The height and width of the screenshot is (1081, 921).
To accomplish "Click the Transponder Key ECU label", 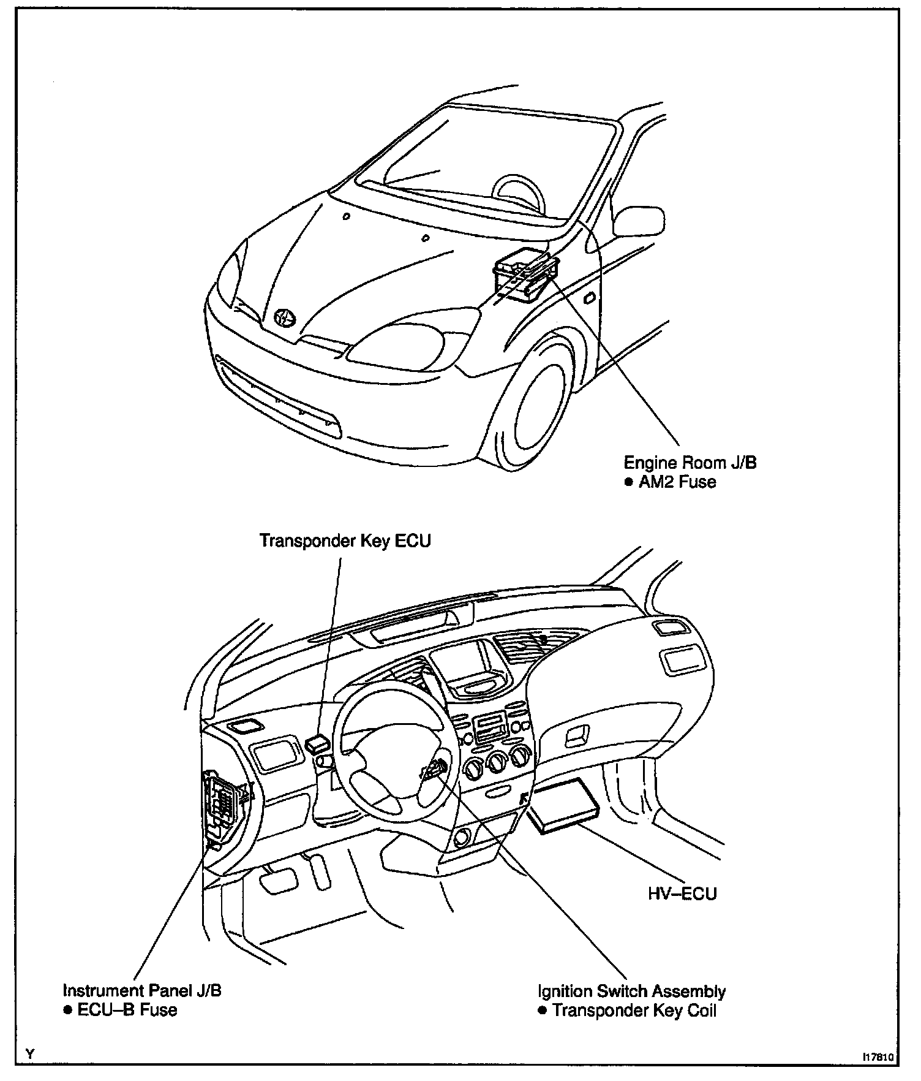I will coord(345,541).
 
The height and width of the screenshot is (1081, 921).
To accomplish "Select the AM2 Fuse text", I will coord(677,482).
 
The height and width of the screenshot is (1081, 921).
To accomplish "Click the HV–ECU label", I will coord(682,893).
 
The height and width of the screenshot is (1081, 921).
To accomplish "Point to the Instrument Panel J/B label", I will coord(142,990).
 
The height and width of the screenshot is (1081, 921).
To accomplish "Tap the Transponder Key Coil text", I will coord(634,1011).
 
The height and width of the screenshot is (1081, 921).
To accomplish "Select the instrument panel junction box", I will coord(222,803).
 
